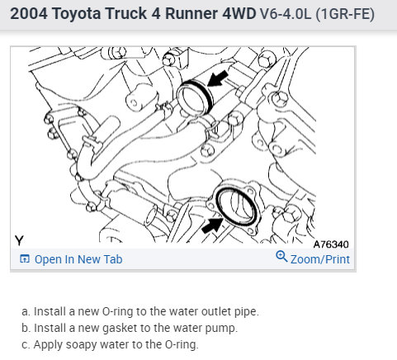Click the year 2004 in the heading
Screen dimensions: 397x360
[29, 13]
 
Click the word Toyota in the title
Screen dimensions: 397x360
[76, 14]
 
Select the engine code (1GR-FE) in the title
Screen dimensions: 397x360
[345, 14]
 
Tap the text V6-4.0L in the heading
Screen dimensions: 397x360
[286, 14]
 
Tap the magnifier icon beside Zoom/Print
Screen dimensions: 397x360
[281, 256]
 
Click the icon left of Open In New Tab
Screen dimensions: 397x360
[25, 259]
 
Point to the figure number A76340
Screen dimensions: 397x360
[331, 244]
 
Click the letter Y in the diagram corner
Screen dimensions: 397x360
[19, 240]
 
